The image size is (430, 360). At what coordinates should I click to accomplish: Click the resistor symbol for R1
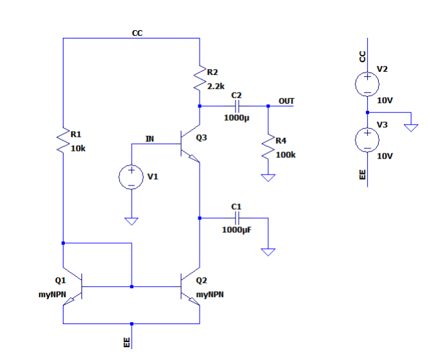coord(64,140)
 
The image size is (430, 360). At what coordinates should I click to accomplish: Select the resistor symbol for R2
coord(200,79)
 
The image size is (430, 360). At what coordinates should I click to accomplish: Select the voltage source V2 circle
coord(366,83)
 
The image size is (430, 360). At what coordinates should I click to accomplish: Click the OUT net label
coord(286,101)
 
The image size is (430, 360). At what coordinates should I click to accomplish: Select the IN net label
coord(150,138)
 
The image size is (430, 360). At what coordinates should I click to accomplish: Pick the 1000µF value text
coord(237,230)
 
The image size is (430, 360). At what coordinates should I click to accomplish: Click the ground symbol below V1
coord(131,222)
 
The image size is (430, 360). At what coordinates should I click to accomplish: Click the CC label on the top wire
coord(137,33)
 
